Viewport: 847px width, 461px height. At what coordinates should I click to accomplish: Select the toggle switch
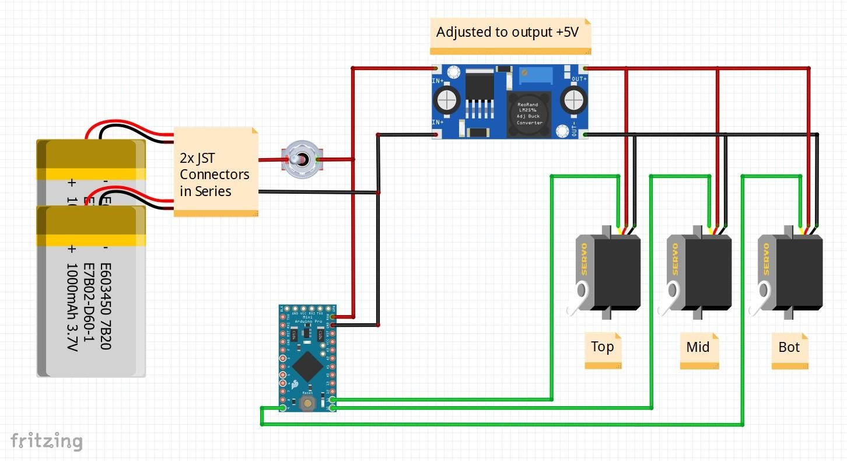pyautogui.click(x=300, y=159)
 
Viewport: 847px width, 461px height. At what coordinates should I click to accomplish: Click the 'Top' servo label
pyautogui.click(x=603, y=348)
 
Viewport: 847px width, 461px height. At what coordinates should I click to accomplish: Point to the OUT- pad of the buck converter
pyautogui.click(x=585, y=135)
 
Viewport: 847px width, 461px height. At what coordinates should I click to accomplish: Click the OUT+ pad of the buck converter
pyautogui.click(x=584, y=69)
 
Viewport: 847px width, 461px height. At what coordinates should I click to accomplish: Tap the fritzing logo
pyautogui.click(x=47, y=441)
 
